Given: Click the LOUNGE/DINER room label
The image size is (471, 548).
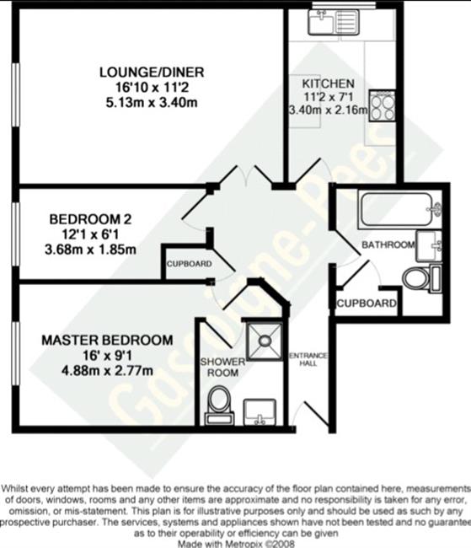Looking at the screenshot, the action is [x=152, y=72].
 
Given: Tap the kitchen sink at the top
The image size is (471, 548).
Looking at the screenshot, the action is [x=334, y=22].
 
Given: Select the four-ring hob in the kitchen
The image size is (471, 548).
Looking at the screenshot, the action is [x=383, y=105].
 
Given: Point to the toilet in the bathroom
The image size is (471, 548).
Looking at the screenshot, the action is [x=422, y=278].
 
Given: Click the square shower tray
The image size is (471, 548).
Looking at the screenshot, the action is [x=265, y=341].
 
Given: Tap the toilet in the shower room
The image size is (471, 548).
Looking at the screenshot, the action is [x=219, y=405].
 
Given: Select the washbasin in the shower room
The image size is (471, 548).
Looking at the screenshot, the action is [x=260, y=412].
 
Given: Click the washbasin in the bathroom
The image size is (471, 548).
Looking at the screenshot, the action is [x=429, y=246].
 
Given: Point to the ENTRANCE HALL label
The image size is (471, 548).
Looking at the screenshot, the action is [x=308, y=359].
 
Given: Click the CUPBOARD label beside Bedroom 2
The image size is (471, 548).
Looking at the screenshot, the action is [x=189, y=264].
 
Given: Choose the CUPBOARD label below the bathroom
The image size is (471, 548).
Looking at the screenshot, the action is [x=367, y=304].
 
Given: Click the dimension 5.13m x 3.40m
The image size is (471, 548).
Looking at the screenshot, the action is [x=152, y=103].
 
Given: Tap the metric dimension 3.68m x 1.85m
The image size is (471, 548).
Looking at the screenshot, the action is [x=90, y=250].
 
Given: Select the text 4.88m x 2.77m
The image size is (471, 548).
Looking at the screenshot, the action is [x=107, y=370].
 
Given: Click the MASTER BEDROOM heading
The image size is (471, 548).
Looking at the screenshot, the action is [x=107, y=340].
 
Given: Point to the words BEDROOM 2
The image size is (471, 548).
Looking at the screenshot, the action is [x=90, y=219].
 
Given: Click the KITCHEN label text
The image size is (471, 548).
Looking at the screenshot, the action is [x=328, y=83].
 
